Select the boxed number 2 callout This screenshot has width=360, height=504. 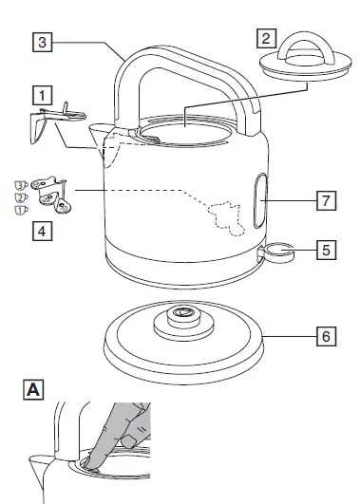pyautogui.click(x=267, y=39)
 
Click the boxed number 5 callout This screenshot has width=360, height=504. pyautogui.click(x=325, y=251)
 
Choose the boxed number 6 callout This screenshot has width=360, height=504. pyautogui.click(x=325, y=336)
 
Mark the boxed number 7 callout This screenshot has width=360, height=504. pyautogui.click(x=325, y=200)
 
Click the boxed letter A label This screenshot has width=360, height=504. pyautogui.click(x=33, y=389)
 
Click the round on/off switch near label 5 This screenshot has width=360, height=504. pyautogui.click(x=278, y=252)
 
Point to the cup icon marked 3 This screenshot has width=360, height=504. pyautogui.click(x=20, y=184)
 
